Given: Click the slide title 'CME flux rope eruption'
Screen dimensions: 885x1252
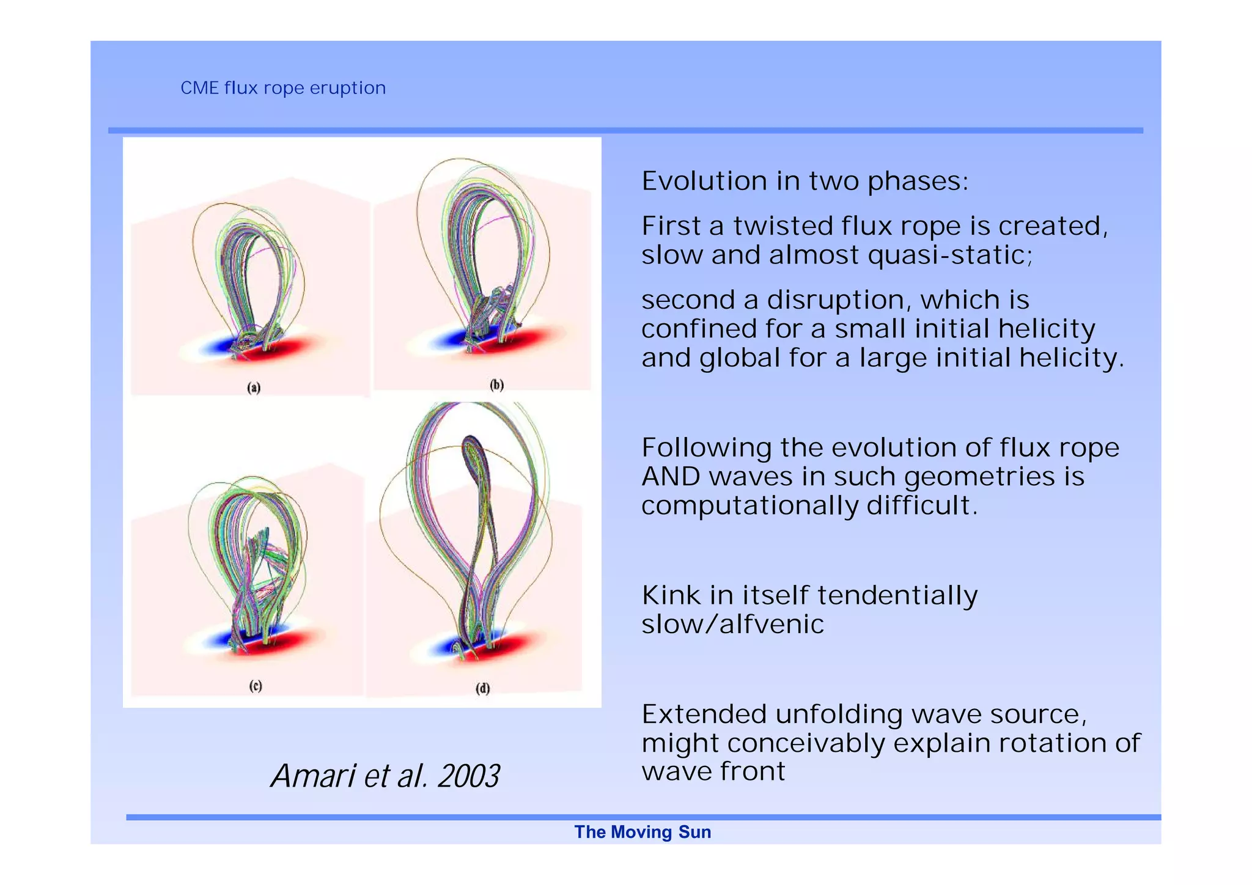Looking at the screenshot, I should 283,88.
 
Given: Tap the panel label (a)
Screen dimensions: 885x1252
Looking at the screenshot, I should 254,387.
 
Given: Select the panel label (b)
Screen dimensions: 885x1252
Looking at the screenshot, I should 496,384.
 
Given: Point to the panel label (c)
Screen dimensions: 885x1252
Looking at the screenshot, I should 256,686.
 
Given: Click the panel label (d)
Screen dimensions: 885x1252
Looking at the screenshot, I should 483,688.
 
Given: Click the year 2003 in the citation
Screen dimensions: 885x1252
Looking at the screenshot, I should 468,776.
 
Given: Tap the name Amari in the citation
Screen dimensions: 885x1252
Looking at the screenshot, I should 312,776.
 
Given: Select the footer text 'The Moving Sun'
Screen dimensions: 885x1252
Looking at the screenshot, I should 643,832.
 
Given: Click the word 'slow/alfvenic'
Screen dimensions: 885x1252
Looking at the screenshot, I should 732,624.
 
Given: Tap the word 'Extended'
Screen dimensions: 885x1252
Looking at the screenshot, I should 704,714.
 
